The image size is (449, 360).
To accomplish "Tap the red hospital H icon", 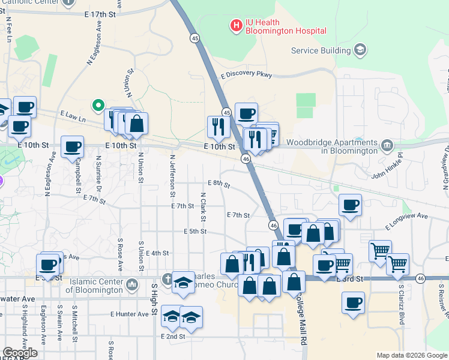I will pyautogui.click(x=236, y=25).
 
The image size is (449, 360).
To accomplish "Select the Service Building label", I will pyautogui.click(x=321, y=50).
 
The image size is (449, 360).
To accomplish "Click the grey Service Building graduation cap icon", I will pyautogui.click(x=360, y=50).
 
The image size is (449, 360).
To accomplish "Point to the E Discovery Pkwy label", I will pyautogui.click(x=246, y=76).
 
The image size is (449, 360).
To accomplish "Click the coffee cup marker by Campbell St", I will pyautogui.click(x=72, y=146).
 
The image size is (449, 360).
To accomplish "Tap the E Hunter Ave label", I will pyautogui.click(x=129, y=314).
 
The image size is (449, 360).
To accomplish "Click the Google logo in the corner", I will pyautogui.click(x=19, y=353).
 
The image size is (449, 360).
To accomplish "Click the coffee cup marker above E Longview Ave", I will pyautogui.click(x=351, y=205).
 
